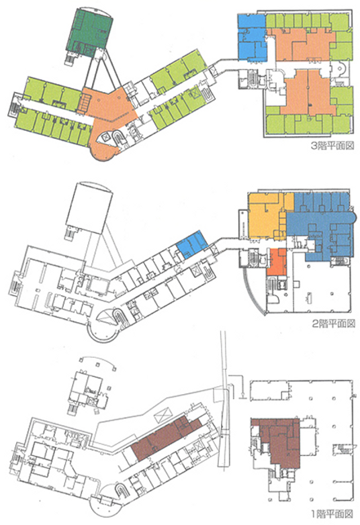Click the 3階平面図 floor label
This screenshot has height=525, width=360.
[x=332, y=146]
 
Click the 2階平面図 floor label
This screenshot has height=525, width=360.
[x=333, y=324]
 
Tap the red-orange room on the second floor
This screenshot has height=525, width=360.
[x=277, y=262]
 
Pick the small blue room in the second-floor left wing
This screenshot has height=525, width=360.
[x=192, y=244]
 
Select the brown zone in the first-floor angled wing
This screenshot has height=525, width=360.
[x=166, y=436]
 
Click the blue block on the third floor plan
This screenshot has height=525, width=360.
[x=252, y=38]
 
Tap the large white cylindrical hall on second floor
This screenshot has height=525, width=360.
[x=88, y=207]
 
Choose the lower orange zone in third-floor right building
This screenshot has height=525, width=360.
[x=308, y=94]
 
